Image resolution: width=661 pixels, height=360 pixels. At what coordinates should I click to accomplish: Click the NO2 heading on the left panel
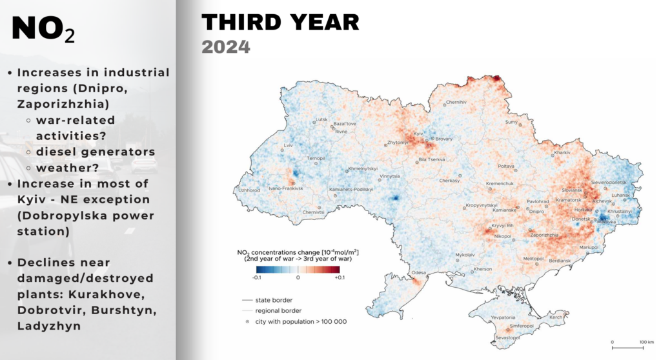(x=43, y=29)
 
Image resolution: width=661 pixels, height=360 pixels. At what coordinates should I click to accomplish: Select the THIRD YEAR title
(x=280, y=22)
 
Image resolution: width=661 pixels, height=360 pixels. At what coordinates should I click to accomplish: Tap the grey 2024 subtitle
(x=225, y=46)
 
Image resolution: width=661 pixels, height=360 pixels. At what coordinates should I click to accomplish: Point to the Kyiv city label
(x=418, y=133)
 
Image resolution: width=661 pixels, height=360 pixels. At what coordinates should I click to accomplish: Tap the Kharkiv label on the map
(x=562, y=152)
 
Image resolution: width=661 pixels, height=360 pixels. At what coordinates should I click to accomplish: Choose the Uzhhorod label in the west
(x=249, y=190)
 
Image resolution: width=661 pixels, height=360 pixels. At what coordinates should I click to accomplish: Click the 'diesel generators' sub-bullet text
(x=96, y=152)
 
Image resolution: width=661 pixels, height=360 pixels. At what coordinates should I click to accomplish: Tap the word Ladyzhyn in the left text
(x=49, y=326)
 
